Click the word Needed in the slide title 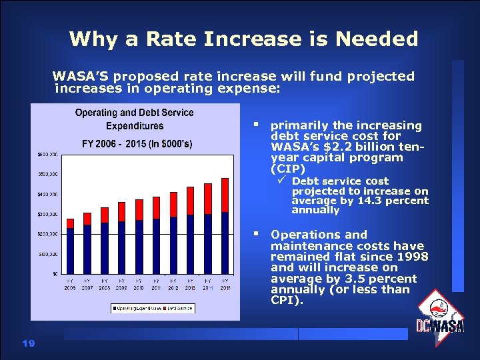tap(377, 39)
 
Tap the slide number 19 tap(27, 343)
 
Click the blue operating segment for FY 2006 tap(70, 251)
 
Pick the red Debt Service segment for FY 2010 tap(139, 209)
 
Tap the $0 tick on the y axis tap(54, 273)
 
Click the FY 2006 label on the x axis tap(70, 284)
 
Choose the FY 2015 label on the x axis tap(225, 284)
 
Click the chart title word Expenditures tap(135, 126)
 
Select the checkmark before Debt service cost tap(282, 181)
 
